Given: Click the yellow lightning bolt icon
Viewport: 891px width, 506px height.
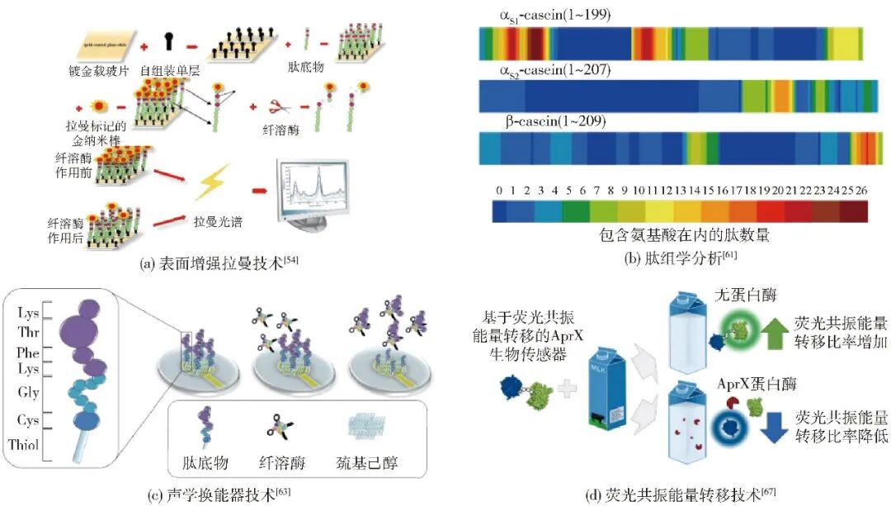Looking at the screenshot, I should pyautogui.click(x=213, y=182).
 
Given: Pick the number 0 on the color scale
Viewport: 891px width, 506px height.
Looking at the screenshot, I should pyautogui.click(x=499, y=191).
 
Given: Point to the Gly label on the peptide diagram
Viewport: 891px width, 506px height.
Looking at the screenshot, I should pyautogui.click(x=29, y=393).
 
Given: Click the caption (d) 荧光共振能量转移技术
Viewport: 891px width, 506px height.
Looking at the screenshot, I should pyautogui.click(x=672, y=495).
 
